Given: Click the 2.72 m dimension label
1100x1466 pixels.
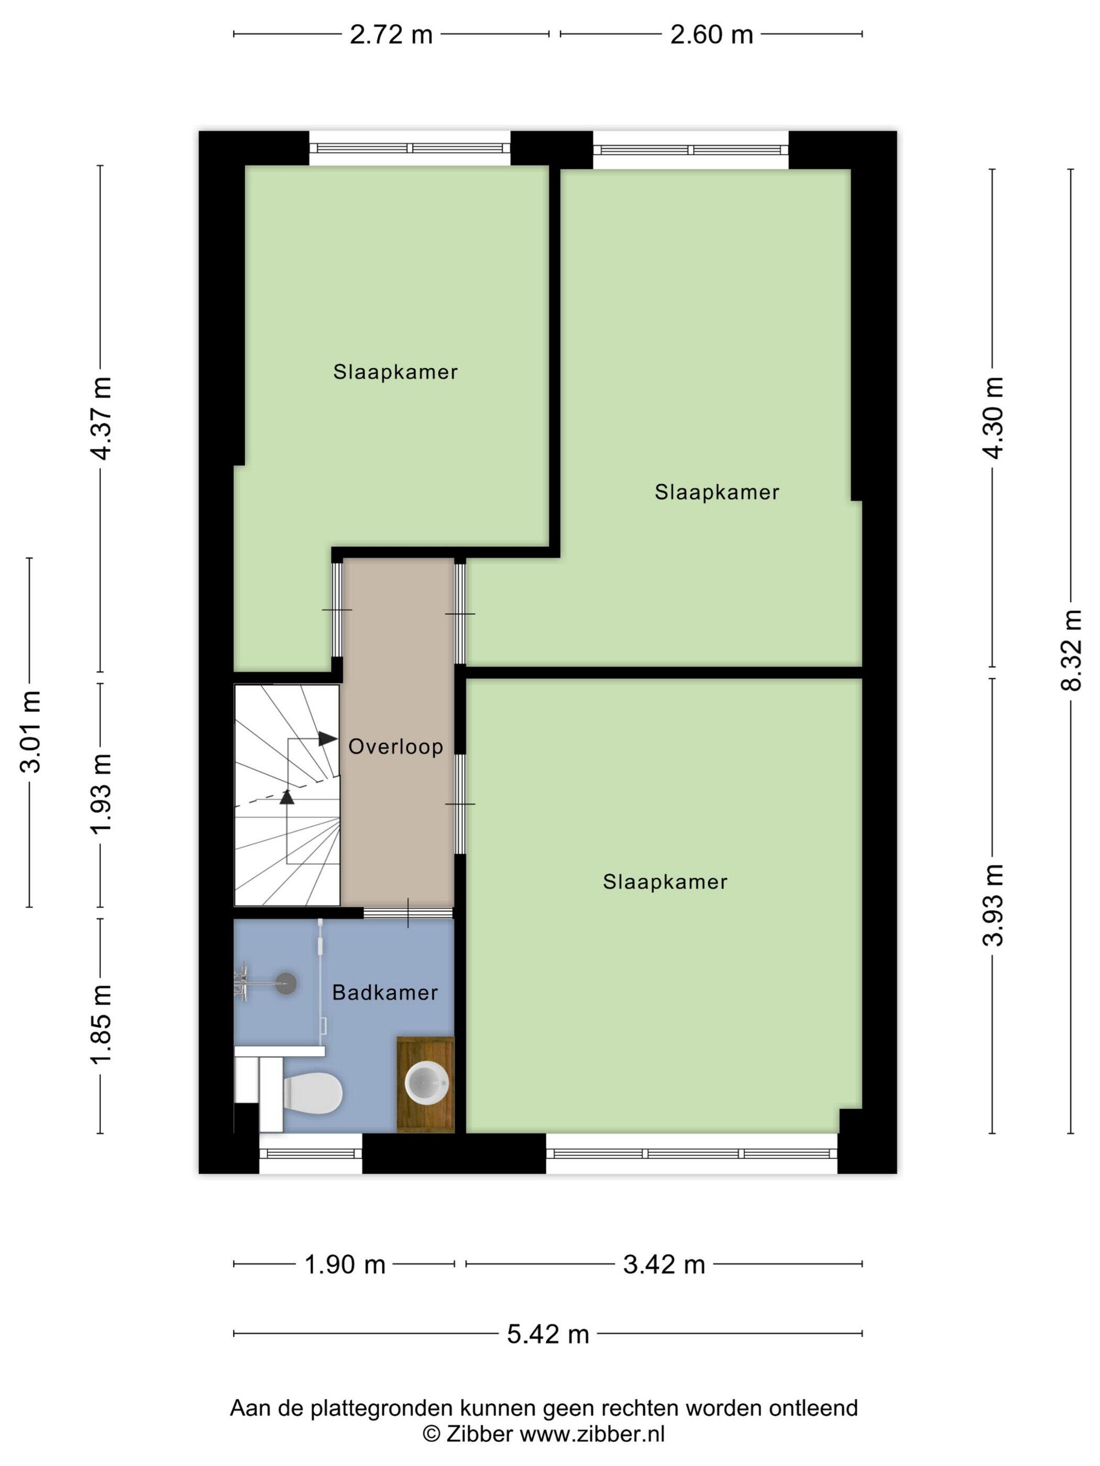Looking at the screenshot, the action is [x=391, y=35].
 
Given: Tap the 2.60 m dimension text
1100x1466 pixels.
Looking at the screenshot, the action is [x=711, y=35].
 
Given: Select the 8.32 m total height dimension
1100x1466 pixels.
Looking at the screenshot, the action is [x=1070, y=650].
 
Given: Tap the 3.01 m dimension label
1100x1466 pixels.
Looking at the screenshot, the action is [x=30, y=731].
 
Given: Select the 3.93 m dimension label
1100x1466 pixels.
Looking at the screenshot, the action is [x=993, y=905].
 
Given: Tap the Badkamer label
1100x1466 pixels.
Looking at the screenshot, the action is [x=384, y=992].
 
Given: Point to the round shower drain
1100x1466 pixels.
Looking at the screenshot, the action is [x=286, y=982].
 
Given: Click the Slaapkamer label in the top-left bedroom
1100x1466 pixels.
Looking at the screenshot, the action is [x=395, y=372].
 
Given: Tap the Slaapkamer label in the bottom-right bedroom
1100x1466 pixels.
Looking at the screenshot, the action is [x=665, y=882].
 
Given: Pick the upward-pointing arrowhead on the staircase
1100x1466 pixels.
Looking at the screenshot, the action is [x=287, y=797].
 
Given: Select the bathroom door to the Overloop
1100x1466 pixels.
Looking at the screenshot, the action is [x=408, y=913].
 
